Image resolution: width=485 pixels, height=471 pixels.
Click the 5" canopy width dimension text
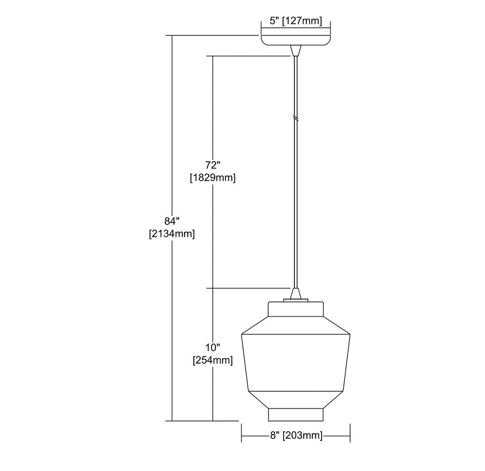pyautogui.click(x=296, y=21)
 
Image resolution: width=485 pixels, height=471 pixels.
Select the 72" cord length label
pyautogui.click(x=213, y=165)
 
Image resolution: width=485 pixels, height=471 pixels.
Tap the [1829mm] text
pyautogui.click(x=213, y=178)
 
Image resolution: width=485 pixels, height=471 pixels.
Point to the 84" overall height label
pyautogui.click(x=172, y=221)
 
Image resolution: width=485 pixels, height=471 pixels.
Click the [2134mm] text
pyautogui.click(x=172, y=234)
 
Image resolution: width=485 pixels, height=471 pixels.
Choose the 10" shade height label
pyautogui.click(x=213, y=348)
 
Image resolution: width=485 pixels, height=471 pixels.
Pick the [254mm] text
pyautogui.click(x=213, y=360)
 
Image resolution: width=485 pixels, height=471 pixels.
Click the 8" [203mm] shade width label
pyautogui.click(x=296, y=436)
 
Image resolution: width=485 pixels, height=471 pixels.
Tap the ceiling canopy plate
pyautogui.click(x=296, y=40)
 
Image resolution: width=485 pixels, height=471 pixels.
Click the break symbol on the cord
pyautogui.click(x=296, y=118)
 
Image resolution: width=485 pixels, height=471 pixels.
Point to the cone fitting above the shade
pyautogui.click(x=296, y=293)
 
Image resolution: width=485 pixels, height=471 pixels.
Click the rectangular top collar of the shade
pyautogui.click(x=296, y=309)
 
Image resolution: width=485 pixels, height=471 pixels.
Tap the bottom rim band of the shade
pyautogui.click(x=296, y=415)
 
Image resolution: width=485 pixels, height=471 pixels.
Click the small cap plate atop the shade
pyautogui.click(x=296, y=300)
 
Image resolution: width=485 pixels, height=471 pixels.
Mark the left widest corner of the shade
pyautogui.click(x=242, y=334)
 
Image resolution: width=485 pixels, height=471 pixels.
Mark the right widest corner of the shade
pyautogui.click(x=350, y=334)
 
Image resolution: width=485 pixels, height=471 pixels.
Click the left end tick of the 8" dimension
pyautogui.click(x=242, y=433)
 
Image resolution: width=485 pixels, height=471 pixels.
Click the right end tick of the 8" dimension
pyautogui.click(x=350, y=433)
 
